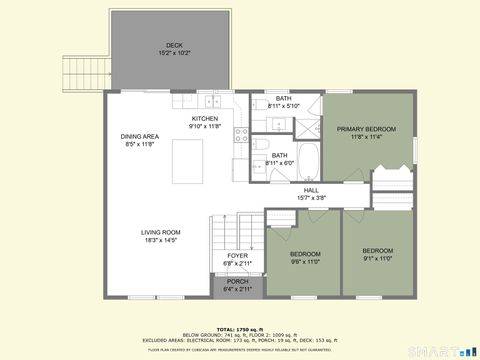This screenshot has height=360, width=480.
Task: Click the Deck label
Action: click(174, 45)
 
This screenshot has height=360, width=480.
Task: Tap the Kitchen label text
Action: click(204, 119)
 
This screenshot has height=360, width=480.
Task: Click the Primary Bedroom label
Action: click(366, 129)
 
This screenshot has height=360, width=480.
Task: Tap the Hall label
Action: click(311, 190)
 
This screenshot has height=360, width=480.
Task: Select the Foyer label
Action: click(237, 256)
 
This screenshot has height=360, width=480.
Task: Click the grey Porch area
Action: click(237, 285)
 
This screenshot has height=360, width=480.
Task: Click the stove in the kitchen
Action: click(241, 134)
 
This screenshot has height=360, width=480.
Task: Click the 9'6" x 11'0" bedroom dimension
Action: click(305, 262)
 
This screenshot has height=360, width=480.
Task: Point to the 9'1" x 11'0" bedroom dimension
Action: click(377, 258)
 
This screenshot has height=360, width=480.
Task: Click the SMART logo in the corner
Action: click(447, 350)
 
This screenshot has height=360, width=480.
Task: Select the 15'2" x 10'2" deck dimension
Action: click(174, 53)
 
